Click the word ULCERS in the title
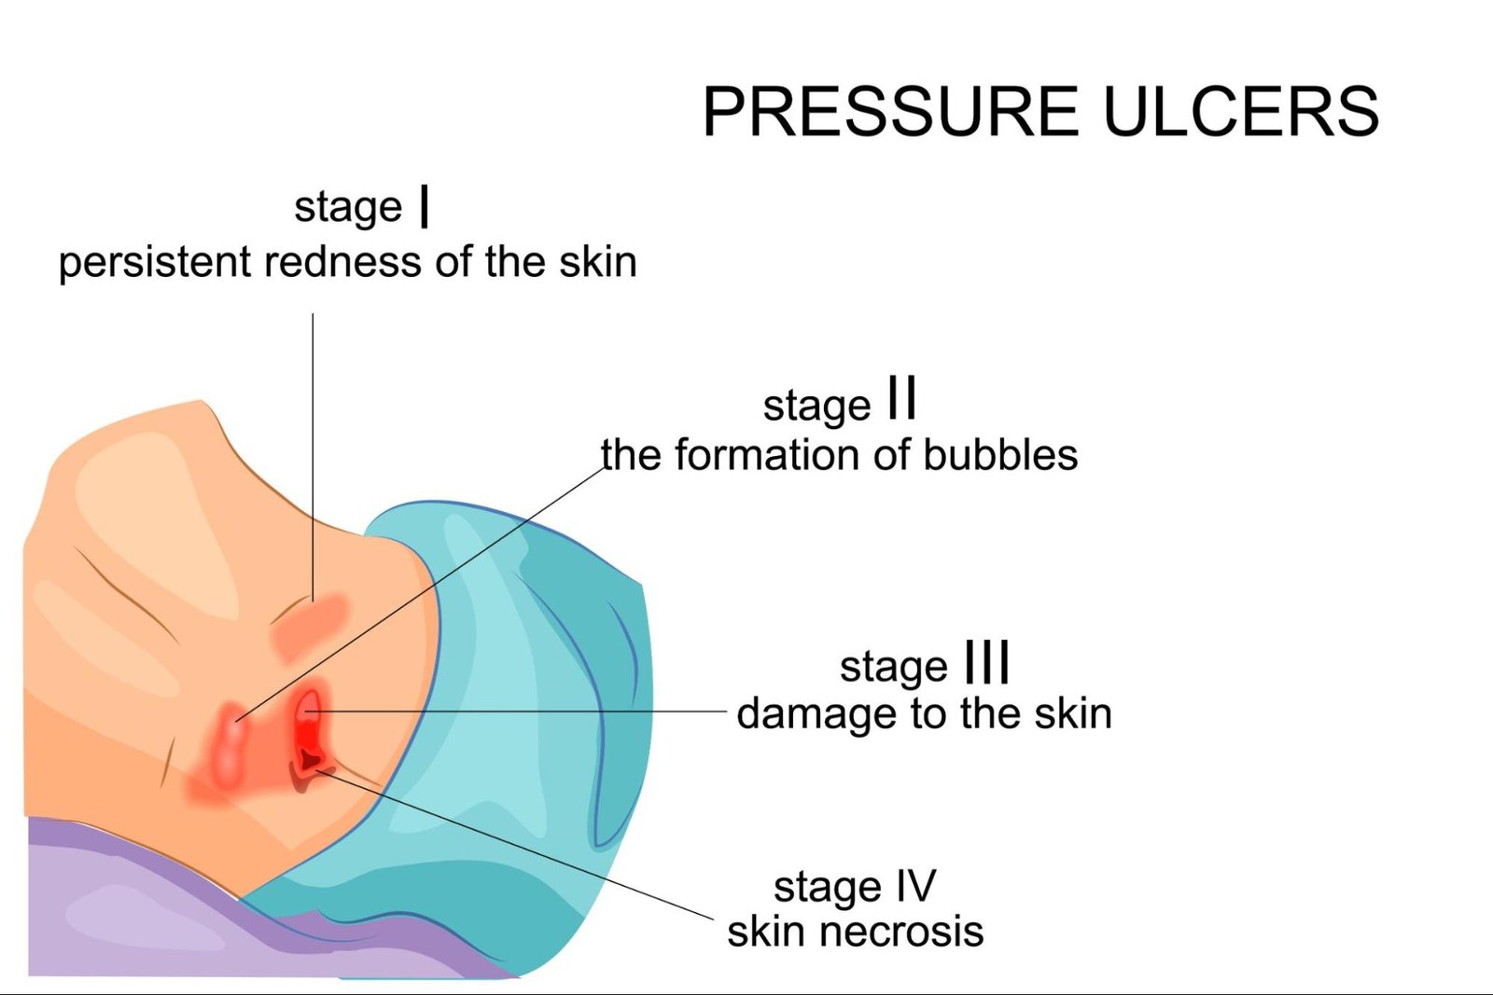click(1240, 112)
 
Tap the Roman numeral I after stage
click(425, 206)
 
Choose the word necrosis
click(902, 932)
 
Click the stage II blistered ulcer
click(229, 741)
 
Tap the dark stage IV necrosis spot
click(308, 762)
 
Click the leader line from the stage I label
click(313, 448)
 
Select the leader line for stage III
click(523, 712)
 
